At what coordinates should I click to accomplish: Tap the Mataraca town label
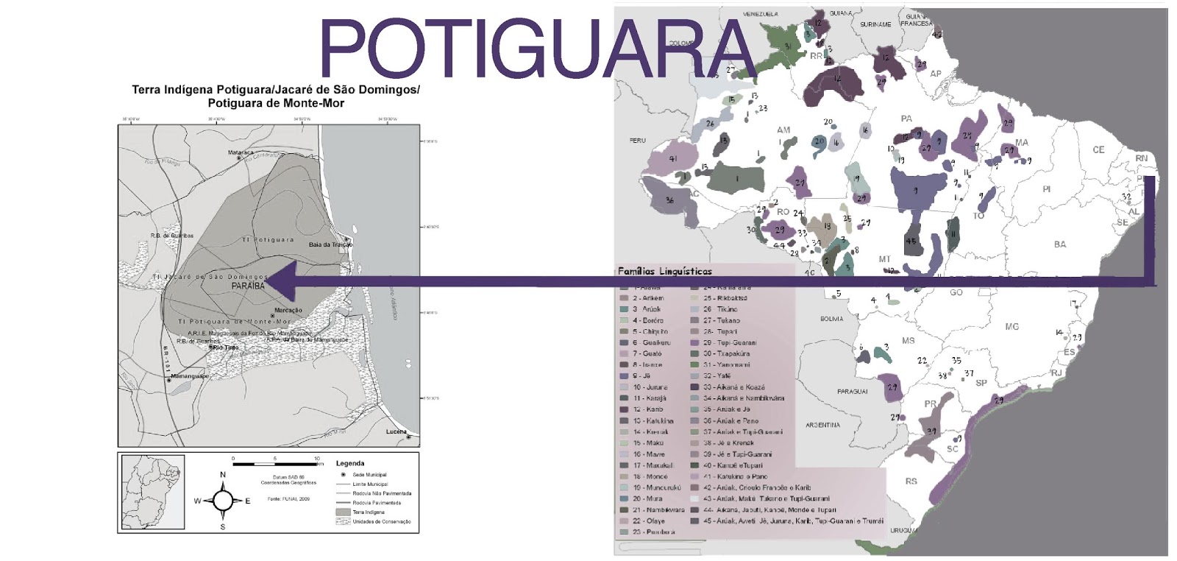(241, 153)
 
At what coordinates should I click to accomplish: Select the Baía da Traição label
(330, 244)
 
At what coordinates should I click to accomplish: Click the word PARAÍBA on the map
(248, 286)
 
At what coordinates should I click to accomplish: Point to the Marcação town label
(288, 310)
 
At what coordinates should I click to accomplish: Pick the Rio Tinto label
(225, 347)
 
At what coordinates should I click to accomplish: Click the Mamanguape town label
(190, 376)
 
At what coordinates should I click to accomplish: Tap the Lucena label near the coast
(396, 431)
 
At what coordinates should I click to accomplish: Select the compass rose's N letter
(223, 475)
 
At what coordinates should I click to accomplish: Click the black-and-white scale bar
(275, 465)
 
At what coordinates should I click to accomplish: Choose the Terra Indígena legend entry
(368, 512)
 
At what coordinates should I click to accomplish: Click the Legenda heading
(350, 463)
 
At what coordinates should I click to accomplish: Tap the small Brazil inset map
(152, 491)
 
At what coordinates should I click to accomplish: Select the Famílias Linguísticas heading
(664, 271)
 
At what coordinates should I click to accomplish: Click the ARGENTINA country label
(822, 425)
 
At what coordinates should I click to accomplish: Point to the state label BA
(1059, 244)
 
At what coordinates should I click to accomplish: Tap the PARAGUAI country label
(852, 392)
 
